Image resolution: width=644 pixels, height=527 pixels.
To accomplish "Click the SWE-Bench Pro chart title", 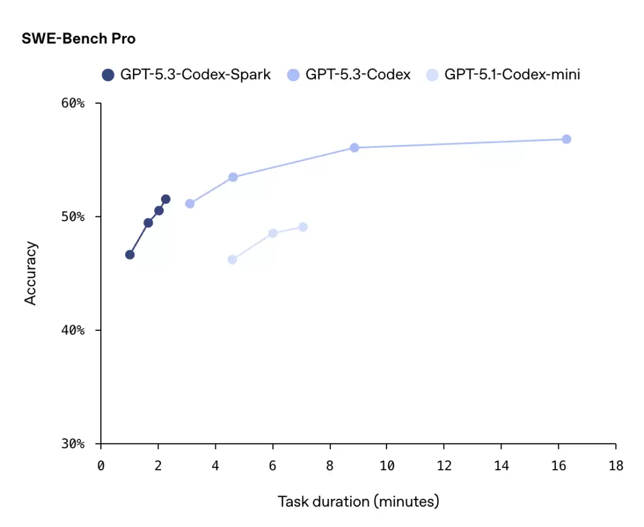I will pos(79,39).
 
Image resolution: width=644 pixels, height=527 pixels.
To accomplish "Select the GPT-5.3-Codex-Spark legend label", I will pos(196,75).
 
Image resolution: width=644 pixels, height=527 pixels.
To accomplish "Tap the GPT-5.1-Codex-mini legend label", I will pos(512,75).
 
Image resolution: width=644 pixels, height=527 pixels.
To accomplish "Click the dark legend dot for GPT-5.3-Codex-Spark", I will pos(108,75).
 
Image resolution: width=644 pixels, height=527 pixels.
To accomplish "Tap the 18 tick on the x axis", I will pos(616,466).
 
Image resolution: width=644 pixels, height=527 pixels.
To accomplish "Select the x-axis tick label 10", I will pos(387,466).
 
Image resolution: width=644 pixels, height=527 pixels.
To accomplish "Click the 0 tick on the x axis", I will pos(101,466).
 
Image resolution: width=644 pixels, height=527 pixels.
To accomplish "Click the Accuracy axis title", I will pos(31,273).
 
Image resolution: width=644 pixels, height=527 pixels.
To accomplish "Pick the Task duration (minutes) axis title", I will pos(358,501).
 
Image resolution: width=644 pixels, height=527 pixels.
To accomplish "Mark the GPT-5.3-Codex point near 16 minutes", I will pos(566,139).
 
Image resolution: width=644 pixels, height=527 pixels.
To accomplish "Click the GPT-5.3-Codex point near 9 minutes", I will pos(354,147).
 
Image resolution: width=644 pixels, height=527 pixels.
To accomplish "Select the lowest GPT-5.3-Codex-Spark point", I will pos(130,255).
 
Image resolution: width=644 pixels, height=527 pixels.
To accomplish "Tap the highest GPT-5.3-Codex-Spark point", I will pos(166,199).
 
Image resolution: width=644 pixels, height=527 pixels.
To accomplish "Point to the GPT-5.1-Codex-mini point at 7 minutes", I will pos(303,227).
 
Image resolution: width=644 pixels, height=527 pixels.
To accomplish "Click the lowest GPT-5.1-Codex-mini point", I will pos(233,259).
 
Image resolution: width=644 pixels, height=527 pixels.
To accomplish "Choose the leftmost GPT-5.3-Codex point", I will pos(190,203).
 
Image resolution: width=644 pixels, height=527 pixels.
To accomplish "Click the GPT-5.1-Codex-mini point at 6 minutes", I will pos(273,233).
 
